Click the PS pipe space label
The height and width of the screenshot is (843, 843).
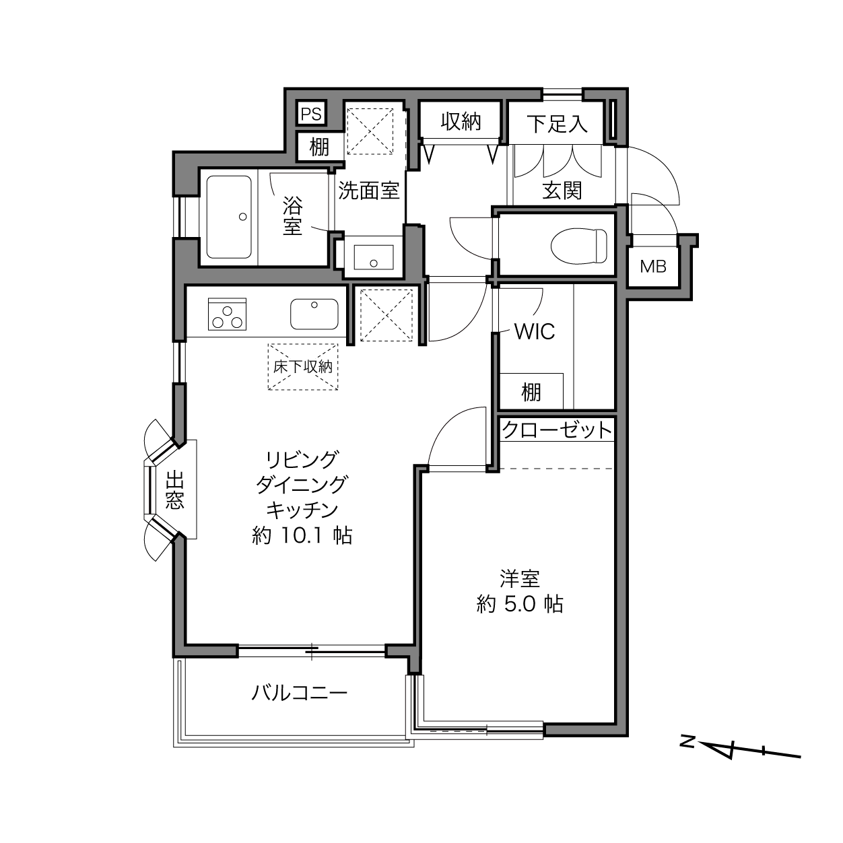coord(311,114)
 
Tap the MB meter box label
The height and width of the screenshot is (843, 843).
coord(652,266)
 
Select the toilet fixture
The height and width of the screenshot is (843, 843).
coord(579,246)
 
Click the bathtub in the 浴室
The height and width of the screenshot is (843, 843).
coord(229,217)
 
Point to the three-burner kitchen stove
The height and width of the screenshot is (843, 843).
coord(227,314)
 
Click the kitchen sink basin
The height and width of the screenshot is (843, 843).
coord(314,314)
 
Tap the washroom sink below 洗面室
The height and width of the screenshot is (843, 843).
coord(374,257)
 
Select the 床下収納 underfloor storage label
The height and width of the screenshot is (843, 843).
coord(303,366)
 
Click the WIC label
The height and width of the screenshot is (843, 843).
coord(534,331)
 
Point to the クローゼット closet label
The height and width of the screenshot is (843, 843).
coord(556,430)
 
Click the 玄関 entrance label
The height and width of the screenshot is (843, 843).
coord(562,191)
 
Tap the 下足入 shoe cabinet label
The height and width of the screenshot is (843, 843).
coord(556,124)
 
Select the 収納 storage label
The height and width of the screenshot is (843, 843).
coord(461,122)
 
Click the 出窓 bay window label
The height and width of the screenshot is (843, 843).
coord(174,490)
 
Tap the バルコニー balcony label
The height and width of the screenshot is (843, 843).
coord(299,694)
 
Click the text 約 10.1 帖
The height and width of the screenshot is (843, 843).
coord(302,535)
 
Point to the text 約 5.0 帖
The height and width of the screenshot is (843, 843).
coord(520,604)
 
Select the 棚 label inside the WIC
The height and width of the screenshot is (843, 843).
coord(531,392)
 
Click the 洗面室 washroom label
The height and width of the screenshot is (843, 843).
coord(369,191)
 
